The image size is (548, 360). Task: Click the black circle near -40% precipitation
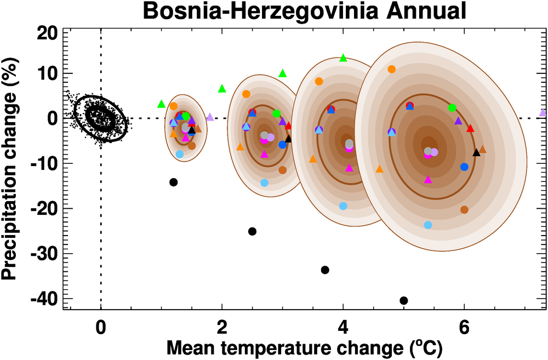tap(404, 300)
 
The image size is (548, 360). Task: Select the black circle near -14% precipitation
tap(174, 182)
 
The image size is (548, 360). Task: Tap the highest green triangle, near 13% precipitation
tap(344, 58)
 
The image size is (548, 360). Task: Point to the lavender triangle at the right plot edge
tap(543, 112)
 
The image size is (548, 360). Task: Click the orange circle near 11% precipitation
tap(392, 69)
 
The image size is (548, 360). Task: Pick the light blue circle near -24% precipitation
tap(428, 225)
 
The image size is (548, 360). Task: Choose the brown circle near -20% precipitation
tap(465, 210)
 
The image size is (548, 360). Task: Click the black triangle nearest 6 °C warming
tap(477, 152)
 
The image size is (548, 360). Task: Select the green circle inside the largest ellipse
tap(452, 108)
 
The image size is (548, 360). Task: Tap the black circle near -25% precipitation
tap(252, 231)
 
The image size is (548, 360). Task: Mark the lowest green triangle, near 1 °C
tap(161, 104)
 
